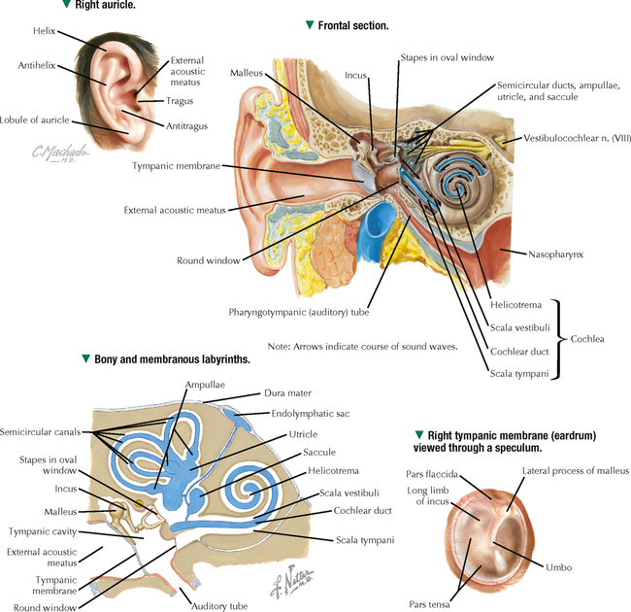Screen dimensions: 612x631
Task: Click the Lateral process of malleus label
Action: click(575, 470)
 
